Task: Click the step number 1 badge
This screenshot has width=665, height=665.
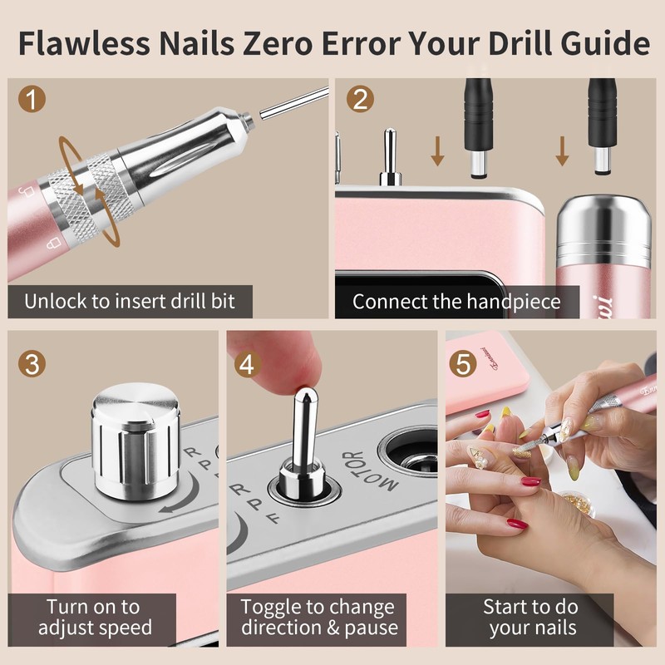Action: [x=31, y=101]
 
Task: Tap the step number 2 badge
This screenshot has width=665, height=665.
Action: [x=359, y=101]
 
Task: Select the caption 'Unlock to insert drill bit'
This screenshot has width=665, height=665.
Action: [x=129, y=301]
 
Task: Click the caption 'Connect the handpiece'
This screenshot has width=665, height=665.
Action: [x=456, y=301]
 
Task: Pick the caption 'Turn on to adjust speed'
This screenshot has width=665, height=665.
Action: [x=93, y=617]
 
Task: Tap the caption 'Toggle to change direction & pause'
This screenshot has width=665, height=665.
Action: [x=319, y=617]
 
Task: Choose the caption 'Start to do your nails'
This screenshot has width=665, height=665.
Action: [x=532, y=617]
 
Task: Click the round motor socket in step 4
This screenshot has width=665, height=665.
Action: [x=413, y=455]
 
